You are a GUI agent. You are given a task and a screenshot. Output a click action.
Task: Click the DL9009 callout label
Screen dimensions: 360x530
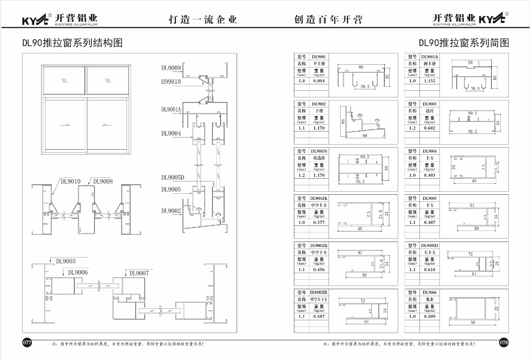tap(170, 67)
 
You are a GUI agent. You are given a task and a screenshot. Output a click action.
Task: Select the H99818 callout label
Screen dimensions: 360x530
tap(170, 81)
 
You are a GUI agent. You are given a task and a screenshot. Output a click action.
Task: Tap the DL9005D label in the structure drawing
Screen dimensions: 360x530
tap(173, 177)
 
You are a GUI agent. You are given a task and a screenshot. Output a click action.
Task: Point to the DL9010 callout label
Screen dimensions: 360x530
tap(72, 181)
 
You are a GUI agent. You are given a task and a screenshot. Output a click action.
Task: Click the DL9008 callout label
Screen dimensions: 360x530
tap(103, 181)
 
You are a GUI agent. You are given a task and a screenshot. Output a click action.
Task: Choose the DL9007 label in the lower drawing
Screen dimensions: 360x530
tap(139, 273)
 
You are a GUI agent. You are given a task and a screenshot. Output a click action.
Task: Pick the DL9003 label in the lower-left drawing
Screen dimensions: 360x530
tap(66, 261)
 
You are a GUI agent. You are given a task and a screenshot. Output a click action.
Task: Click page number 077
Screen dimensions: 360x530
tap(27, 342)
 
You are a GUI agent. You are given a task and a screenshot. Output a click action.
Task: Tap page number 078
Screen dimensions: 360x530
tap(503, 342)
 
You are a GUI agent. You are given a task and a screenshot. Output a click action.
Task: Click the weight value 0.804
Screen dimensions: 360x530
tap(319, 81)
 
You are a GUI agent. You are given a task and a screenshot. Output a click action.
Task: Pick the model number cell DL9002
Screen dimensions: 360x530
tap(319, 104)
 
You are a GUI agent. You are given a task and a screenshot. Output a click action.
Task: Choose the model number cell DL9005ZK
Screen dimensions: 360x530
tap(319, 246)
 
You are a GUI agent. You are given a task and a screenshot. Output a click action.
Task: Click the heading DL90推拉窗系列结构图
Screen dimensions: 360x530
tap(72, 43)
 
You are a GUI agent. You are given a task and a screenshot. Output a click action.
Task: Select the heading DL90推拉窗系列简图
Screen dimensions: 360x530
tap(464, 43)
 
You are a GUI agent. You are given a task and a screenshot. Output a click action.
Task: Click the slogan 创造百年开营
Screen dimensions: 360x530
tap(328, 20)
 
